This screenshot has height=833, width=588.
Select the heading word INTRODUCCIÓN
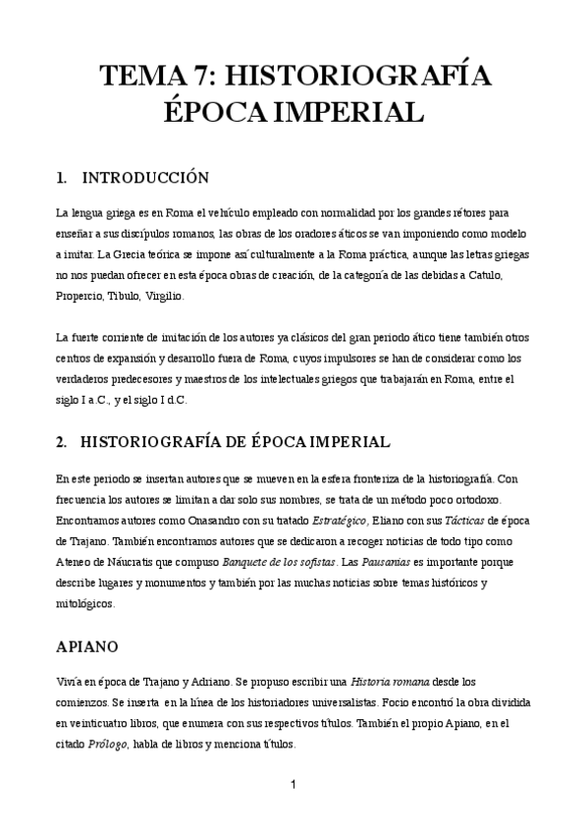coord(145,178)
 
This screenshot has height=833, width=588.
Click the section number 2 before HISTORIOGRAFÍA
coord(62,442)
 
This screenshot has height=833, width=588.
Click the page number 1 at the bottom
coord(293,784)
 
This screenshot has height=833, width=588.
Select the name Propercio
coord(81,296)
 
